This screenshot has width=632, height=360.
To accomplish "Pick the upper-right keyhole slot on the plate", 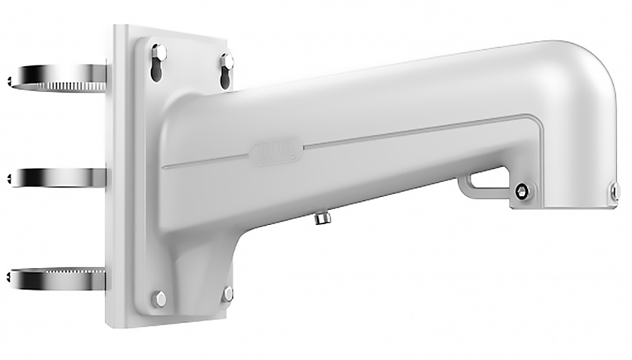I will coord(226,65).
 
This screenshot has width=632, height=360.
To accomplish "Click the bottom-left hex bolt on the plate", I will coord(159,298).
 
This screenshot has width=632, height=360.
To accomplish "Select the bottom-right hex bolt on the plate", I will coord(228,293).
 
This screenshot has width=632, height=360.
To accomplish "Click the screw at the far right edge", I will coord(615,190).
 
